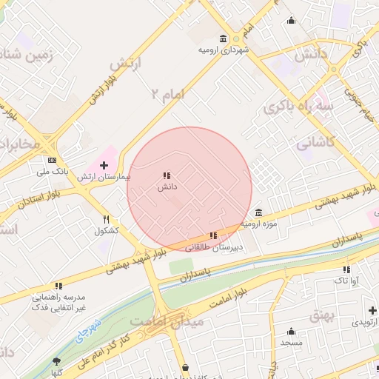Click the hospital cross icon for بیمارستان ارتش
(103, 164)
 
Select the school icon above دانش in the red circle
(166, 175)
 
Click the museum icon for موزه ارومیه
(258, 212)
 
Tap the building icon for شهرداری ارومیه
(224, 38)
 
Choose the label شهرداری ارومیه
(224, 50)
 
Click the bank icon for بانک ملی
(52, 160)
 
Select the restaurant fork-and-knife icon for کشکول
(107, 219)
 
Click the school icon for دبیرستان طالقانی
(214, 236)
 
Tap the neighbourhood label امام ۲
(167, 94)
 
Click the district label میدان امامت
(159, 321)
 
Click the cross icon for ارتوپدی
(370, 309)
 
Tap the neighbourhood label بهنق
(323, 315)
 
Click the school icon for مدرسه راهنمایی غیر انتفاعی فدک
(58, 286)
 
